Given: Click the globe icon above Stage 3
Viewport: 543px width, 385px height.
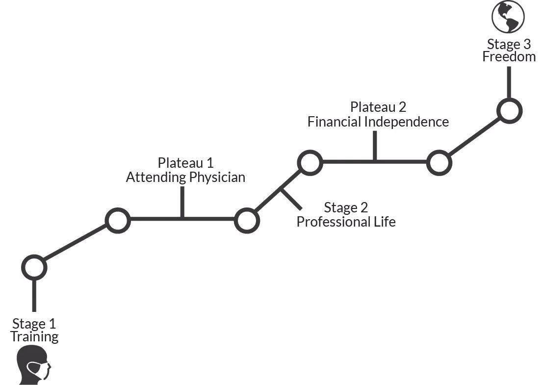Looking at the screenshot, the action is point(508,17).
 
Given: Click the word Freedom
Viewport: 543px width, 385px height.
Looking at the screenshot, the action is point(509,56).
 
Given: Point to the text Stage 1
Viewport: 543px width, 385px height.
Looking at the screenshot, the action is point(34,324).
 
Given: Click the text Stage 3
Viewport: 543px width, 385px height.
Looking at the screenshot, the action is point(509,44).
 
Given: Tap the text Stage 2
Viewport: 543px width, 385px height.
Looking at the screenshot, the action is point(346,208).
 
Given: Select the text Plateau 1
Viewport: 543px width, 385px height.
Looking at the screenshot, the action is point(185,163).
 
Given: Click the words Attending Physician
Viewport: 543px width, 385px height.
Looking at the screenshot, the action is point(185,177).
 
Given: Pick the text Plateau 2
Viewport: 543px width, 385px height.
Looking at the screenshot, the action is point(378,107).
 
